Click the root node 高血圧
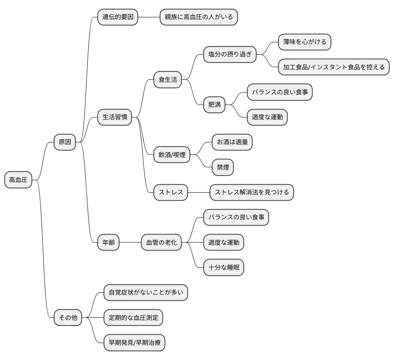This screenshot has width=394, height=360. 18,180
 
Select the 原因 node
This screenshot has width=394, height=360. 65,142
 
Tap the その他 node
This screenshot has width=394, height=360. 68,318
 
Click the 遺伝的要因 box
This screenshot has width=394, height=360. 118,17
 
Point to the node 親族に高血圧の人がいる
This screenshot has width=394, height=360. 199,17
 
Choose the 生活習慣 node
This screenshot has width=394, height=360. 115,117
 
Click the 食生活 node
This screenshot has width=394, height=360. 167,80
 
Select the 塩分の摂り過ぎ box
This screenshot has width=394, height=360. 230,55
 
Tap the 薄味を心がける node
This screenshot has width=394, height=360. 305,42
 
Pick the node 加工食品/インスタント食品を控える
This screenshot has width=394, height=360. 333,67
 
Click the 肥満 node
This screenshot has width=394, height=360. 214,105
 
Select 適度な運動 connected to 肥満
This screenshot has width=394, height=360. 267,117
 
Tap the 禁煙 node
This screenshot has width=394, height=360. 223,167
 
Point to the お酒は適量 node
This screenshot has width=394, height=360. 232,142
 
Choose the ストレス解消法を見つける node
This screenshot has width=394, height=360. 252,192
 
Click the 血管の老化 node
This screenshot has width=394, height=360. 161,243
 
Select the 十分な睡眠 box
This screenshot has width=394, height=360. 223,268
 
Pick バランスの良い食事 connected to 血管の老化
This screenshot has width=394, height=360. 236,218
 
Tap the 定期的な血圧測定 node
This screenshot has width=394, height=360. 133,318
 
